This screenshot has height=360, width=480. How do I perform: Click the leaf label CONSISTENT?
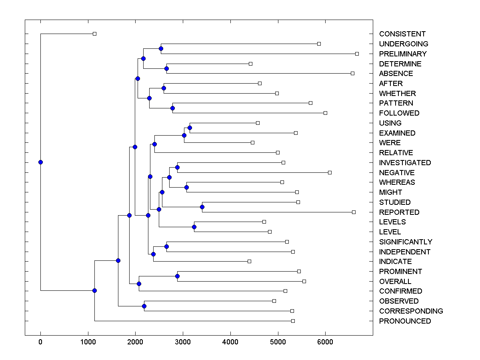tap(402, 34)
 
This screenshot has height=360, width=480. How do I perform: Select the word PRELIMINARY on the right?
tap(403, 54)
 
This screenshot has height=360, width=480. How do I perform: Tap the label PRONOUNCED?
tap(405, 321)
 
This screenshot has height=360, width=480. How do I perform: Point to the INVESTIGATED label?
tap(405, 163)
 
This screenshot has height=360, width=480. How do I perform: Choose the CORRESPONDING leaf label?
tap(411, 311)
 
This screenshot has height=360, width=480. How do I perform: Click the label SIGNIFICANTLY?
tap(406, 242)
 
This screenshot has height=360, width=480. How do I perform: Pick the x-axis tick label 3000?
tap(183, 342)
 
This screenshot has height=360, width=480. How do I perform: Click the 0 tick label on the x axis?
tap(40, 342)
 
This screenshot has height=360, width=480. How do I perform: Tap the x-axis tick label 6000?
tap(325, 342)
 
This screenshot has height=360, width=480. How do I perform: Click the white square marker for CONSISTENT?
tap(94, 34)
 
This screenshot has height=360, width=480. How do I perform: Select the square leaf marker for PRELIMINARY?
tap(357, 54)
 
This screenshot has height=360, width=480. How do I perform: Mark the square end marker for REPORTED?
tap(354, 212)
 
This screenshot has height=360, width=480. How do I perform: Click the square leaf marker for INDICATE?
tap(249, 261)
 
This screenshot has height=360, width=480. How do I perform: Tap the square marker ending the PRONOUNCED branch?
tap(293, 321)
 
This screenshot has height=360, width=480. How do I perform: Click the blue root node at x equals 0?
tap(40, 162)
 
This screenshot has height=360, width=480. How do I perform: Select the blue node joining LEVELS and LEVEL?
tap(194, 227)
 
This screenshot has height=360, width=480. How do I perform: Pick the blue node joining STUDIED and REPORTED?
tap(202, 207)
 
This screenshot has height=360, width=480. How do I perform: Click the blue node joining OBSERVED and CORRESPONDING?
tap(144, 306)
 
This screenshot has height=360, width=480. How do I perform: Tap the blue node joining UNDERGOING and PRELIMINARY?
tap(161, 49)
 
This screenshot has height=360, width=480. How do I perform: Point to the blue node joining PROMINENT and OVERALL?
tap(177, 276)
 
